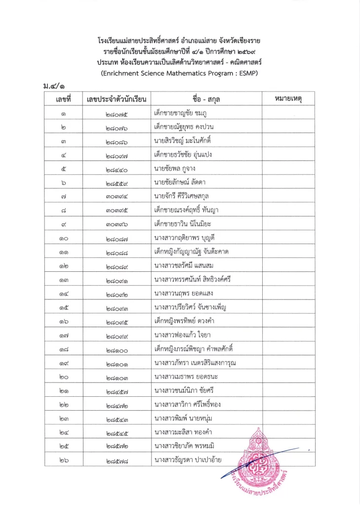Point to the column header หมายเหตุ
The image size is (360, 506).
coord(287,99)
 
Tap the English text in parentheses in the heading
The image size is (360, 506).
coord(180,73)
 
